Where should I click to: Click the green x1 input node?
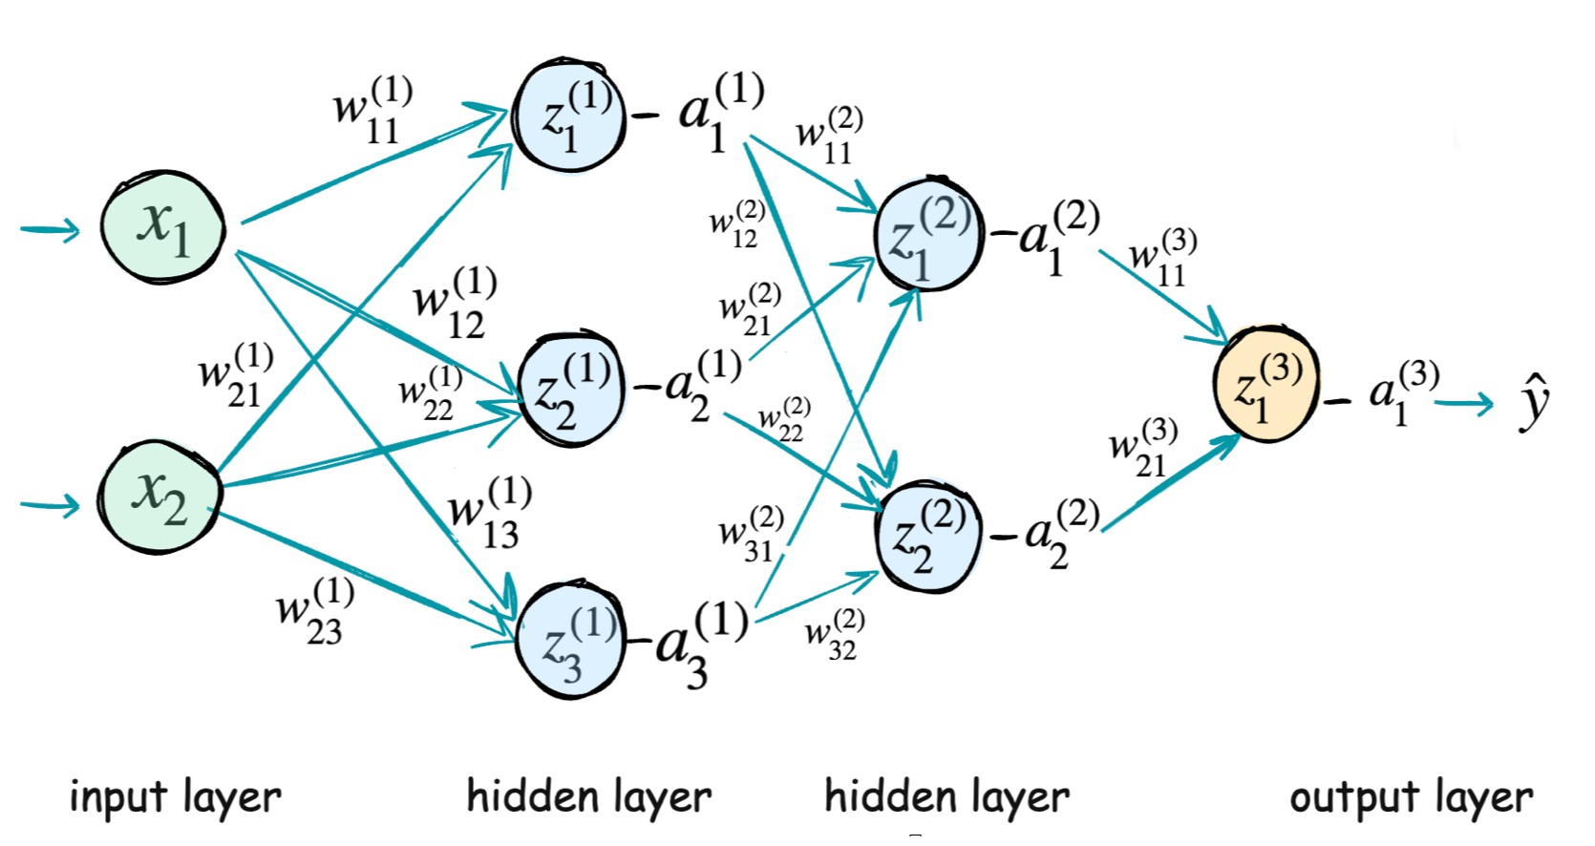coord(163,227)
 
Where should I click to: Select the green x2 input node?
coord(159,496)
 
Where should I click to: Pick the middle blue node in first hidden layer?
coord(571,391)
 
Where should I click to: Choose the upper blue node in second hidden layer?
coord(928,235)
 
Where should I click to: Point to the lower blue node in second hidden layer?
coord(928,538)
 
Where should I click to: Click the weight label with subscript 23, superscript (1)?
coord(315,611)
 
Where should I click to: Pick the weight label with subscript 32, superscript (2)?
coord(835,635)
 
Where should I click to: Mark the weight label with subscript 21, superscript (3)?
coord(1143,448)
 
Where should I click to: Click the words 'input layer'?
coord(175,796)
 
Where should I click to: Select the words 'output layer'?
coord(1411,796)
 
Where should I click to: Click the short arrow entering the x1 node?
coord(50,229)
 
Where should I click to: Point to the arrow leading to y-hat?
coord(1463,404)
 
